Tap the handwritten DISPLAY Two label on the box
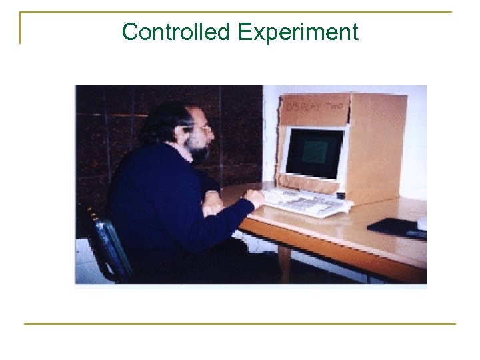313,105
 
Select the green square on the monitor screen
314,153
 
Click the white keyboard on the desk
307,201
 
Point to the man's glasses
203,127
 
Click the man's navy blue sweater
160,200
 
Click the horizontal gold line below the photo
240,324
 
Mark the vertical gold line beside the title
21,28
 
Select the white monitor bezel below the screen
313,178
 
